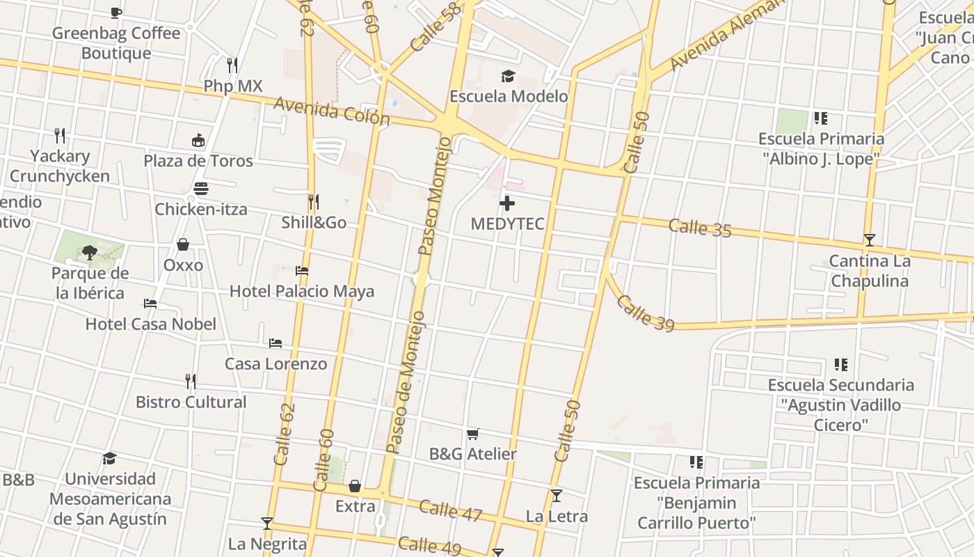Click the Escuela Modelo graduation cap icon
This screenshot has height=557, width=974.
[x=508, y=76]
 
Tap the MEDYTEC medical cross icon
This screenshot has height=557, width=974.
[x=508, y=203]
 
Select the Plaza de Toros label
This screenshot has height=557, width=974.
[x=198, y=161]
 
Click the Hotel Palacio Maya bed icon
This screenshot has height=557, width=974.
[x=302, y=271]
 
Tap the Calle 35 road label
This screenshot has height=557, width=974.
[x=700, y=228]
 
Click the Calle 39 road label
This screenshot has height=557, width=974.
[x=645, y=313]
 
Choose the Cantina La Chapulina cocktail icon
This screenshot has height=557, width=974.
[x=869, y=240]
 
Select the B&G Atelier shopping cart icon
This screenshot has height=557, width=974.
[x=473, y=434]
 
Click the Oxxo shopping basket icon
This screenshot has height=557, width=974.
[x=183, y=244]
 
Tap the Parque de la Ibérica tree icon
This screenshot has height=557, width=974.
[x=90, y=252]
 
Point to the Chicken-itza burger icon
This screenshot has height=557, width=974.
[x=201, y=189]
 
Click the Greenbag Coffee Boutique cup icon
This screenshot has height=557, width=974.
[x=116, y=13]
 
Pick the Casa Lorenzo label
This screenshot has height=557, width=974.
[x=276, y=363]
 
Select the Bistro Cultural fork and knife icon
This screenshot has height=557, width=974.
[x=191, y=381]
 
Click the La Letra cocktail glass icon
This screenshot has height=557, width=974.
[x=556, y=496]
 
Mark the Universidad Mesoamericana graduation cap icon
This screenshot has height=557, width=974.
[x=109, y=458]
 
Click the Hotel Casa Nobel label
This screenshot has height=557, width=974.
[x=150, y=324]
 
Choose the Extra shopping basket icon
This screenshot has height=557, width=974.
[x=355, y=485]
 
